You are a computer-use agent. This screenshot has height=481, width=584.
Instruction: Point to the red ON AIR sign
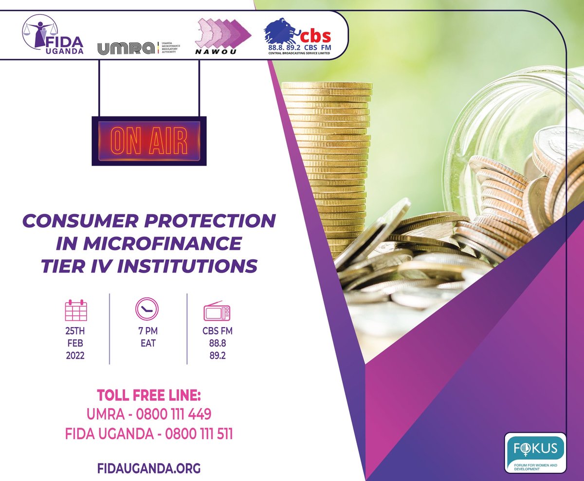(x=149, y=141)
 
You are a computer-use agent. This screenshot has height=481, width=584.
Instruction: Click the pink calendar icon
(x=76, y=310)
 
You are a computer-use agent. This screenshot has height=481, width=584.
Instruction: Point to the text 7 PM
(x=147, y=332)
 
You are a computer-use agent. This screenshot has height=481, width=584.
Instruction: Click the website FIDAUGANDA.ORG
(x=149, y=468)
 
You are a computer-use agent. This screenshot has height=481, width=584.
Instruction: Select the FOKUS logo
(x=535, y=453)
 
